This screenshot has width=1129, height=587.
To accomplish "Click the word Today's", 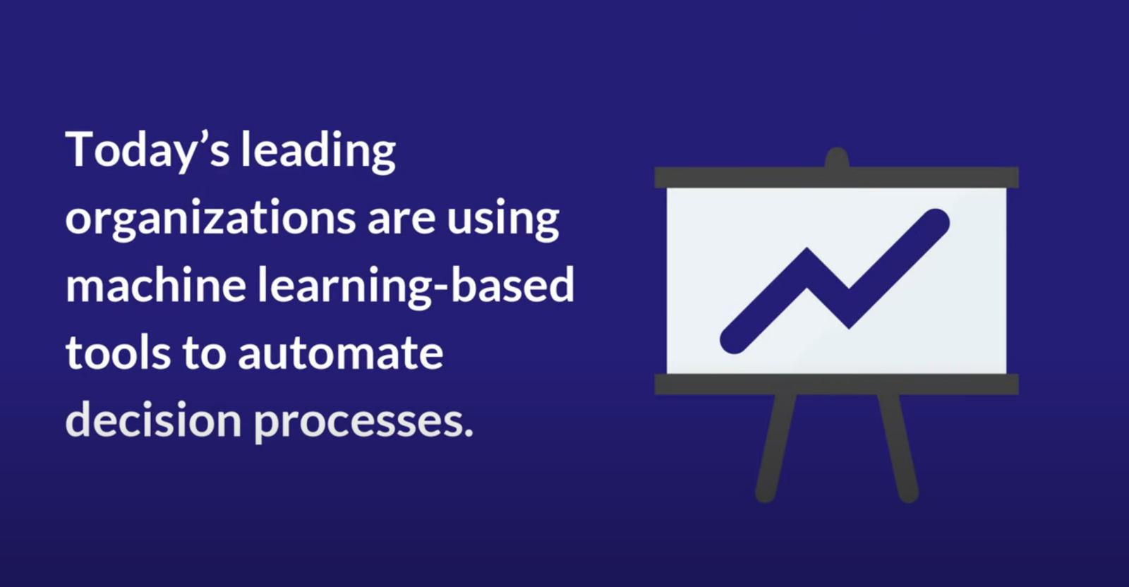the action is (147, 151).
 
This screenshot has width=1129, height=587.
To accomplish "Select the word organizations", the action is (211, 219).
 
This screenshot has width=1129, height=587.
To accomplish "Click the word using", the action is (503, 221).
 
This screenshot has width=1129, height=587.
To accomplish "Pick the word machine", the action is (156, 285).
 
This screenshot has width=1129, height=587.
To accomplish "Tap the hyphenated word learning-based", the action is (416, 286).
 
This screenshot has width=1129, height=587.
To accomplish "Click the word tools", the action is (118, 353).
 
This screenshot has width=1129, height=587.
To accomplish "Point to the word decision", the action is (154, 420).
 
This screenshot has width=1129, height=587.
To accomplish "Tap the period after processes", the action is (466, 432).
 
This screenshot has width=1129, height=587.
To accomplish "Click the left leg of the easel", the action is (775, 447).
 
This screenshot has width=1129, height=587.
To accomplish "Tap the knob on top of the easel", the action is (837, 157).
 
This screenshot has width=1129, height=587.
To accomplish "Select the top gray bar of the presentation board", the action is (836, 177).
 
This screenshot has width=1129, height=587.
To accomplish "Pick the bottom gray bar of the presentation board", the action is (836, 384).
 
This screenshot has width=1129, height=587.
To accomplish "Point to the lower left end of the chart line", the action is (734, 340).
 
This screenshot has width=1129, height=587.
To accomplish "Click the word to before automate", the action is (204, 353).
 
